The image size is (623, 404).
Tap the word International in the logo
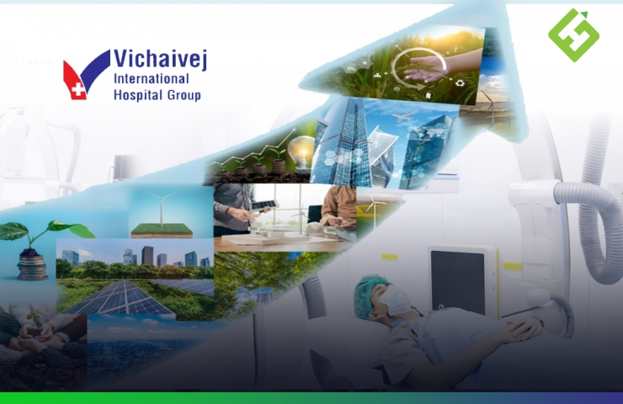[x=152, y=79]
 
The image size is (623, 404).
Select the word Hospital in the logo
[x=139, y=95]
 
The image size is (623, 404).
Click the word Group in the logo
[x=184, y=96]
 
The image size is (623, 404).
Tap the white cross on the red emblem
[x=78, y=89]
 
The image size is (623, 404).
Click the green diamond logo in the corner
[x=573, y=35]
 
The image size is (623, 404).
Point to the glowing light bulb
[x=302, y=152]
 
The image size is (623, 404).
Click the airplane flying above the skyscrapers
[x=404, y=116]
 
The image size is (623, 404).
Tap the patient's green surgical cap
[x=368, y=295]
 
